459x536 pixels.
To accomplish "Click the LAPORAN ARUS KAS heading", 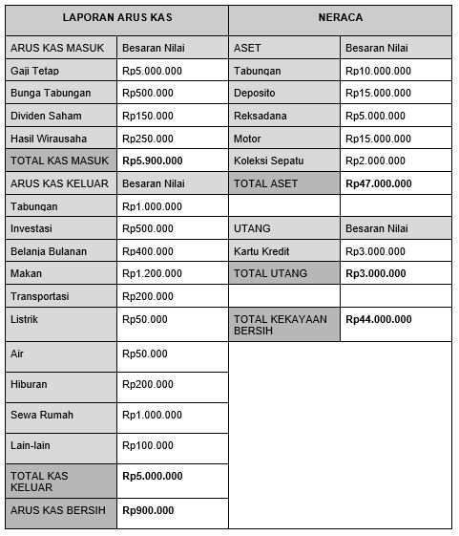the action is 116,18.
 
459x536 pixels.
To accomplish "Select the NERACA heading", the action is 340,18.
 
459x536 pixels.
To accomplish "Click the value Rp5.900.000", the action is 153,161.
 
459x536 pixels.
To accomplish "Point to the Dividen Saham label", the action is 45,116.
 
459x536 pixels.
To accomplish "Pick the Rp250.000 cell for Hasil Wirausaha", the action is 148,139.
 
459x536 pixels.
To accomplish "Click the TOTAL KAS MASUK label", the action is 57,161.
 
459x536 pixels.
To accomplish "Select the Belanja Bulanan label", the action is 48,251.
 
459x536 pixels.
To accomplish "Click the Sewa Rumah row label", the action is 41,416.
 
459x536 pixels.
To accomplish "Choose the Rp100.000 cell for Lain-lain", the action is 148,446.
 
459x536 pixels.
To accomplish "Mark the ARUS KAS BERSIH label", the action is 58,510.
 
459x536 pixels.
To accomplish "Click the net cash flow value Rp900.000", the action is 148,510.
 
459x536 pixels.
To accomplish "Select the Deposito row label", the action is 254,94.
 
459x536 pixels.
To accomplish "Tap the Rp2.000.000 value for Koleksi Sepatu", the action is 379,161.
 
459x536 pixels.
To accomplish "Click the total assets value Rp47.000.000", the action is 379,183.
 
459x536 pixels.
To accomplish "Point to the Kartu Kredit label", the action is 262,251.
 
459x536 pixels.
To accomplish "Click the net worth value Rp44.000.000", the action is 379,319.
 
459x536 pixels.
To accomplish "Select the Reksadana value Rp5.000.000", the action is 379,116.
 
